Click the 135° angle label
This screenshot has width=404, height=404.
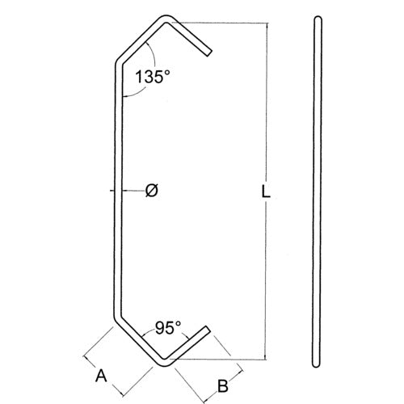tap(154, 78)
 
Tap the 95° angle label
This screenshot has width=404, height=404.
tap(167, 328)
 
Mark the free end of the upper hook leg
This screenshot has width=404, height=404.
tap(208, 54)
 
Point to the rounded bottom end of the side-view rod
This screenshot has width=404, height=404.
tap(317, 368)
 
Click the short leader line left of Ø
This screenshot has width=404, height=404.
tap(113, 191)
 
